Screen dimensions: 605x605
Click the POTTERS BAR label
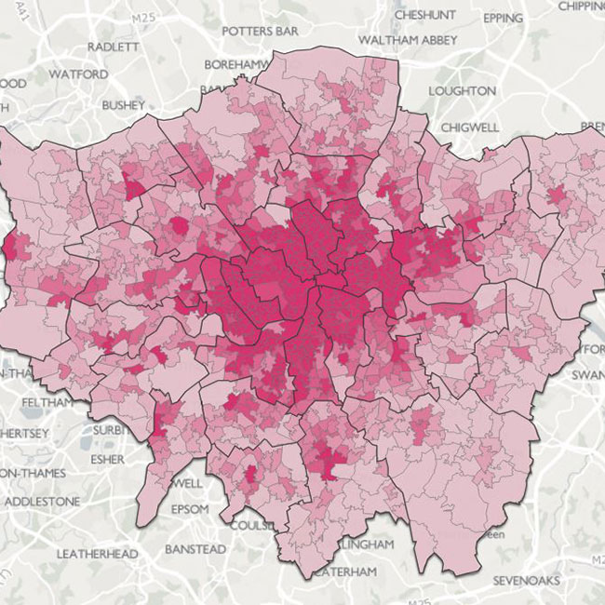point(260,31)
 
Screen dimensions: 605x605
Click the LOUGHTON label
point(462,90)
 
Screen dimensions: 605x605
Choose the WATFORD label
point(78,73)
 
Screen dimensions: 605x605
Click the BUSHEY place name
point(125,105)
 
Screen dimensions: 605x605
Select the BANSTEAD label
point(195,549)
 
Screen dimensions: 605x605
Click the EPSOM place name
point(196,510)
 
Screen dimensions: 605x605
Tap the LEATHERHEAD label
point(97,554)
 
